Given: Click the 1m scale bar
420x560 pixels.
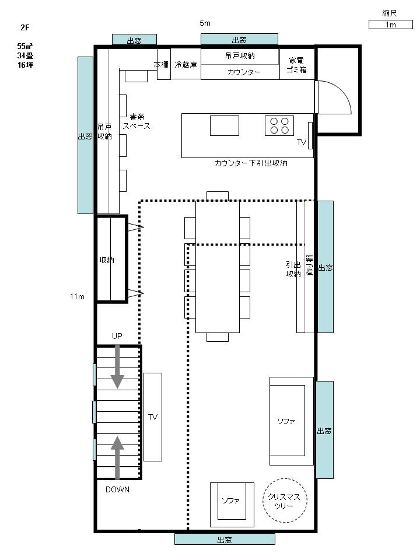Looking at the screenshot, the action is (390, 24).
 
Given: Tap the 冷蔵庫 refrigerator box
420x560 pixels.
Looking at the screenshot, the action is (185, 64).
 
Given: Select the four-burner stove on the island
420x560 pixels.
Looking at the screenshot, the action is (279, 126).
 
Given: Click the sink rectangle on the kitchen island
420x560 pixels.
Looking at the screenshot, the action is (224, 126).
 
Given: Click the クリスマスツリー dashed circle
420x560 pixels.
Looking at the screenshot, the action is (285, 501).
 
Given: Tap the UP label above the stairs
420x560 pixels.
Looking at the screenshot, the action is (117, 336).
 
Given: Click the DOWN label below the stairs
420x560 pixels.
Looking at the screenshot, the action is (117, 489).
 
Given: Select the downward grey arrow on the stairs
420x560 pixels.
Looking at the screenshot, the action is (117, 367).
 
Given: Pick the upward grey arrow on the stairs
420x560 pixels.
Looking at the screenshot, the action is (117, 457).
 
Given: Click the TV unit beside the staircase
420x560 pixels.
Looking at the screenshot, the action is (153, 416).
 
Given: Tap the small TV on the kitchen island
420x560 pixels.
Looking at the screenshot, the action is (310, 136).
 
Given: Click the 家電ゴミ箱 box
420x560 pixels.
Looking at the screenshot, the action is (297, 64).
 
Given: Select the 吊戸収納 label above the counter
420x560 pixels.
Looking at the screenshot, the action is (240, 56).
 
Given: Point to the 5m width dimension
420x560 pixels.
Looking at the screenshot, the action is (205, 23).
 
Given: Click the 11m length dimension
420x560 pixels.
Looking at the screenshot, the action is (77, 296).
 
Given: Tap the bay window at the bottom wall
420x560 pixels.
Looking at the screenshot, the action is (225, 539).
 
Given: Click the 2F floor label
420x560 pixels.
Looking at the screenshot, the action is (25, 27).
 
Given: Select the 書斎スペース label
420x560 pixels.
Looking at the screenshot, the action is (136, 121).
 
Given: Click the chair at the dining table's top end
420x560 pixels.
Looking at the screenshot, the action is (218, 196).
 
